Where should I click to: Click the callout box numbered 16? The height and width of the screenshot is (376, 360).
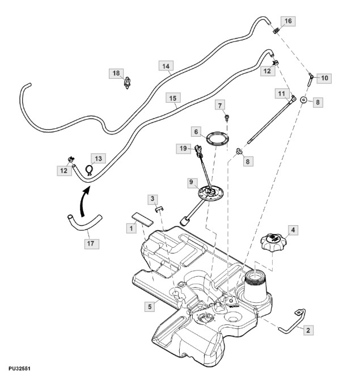coord(288,21)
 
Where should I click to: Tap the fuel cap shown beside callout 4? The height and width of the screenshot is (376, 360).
coord(273,242)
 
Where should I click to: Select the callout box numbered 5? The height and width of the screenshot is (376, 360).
coord(150,306)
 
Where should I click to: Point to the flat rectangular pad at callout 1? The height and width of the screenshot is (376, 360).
coord(142,219)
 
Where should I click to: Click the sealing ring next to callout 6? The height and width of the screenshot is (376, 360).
coord(217,138)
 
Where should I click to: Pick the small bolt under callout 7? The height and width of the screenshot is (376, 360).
coord(227,118)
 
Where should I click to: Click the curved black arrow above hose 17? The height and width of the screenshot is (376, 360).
coord(84,201)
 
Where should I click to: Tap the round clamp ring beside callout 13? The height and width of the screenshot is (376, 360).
coord(90,170)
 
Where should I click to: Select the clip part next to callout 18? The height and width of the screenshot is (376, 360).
coord(127,83)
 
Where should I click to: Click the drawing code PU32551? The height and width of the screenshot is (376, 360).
coord(19,368)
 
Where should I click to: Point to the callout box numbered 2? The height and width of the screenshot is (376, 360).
coord(308,330)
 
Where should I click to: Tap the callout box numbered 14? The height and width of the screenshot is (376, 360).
coord(166,66)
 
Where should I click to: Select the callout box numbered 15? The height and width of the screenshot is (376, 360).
coord(173,98)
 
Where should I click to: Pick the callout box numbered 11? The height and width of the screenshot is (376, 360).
coord(282,94)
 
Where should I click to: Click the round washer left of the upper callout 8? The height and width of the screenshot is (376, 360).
coord(304,99)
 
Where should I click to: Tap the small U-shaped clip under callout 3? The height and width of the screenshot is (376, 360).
coord(159,209)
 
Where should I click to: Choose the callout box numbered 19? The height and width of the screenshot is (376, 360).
coord(183,149)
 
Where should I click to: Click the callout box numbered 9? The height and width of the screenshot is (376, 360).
coord(191,182)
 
